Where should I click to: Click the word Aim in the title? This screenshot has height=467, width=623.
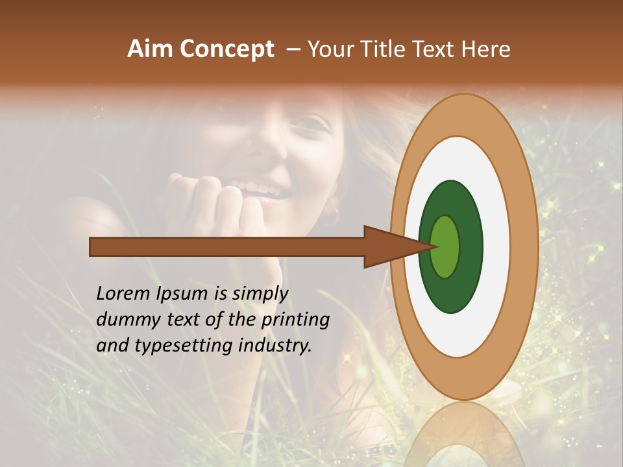click(x=150, y=49)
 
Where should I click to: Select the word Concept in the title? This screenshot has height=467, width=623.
click(x=226, y=50)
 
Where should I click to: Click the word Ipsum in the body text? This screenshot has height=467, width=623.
click(x=183, y=294)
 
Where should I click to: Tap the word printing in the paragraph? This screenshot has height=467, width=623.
click(x=295, y=320)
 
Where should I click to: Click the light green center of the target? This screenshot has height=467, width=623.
click(x=445, y=247)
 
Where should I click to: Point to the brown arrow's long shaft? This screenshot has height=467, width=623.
click(x=227, y=247)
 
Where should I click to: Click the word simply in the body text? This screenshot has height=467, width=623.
click(x=260, y=294)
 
